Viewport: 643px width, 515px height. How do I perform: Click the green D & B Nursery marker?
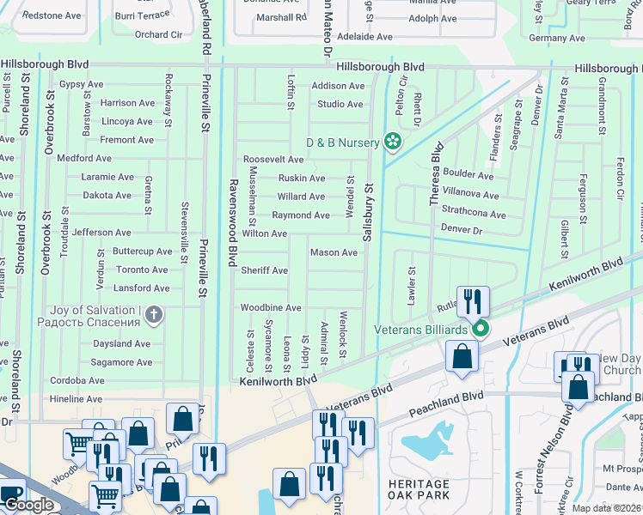point(393,141)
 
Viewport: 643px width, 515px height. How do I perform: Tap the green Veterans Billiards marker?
point(481,329)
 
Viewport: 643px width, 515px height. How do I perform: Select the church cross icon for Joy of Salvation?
point(154,315)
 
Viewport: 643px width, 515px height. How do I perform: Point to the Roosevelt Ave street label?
point(273,160)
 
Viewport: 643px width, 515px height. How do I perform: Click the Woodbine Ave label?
point(271,307)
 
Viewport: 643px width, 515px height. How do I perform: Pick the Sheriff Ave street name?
point(264,270)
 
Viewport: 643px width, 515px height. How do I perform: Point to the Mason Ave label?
point(334,252)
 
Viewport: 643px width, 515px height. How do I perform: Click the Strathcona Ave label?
point(474,212)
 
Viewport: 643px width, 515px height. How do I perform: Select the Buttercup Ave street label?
point(143,251)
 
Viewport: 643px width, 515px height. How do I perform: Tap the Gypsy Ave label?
point(81,85)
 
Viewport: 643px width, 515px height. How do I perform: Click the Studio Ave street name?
point(340,104)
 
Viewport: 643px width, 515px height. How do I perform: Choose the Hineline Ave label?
point(76,399)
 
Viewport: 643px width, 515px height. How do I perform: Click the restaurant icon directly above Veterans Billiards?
point(473,300)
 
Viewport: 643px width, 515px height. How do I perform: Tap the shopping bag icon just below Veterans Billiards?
point(462,354)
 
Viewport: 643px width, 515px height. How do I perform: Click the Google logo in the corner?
point(28,505)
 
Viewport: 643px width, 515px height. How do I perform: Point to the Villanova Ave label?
point(470,195)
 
